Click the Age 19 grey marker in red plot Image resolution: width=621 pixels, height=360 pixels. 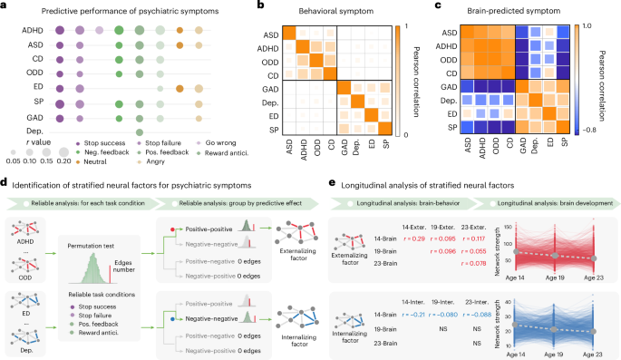[556, 255]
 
